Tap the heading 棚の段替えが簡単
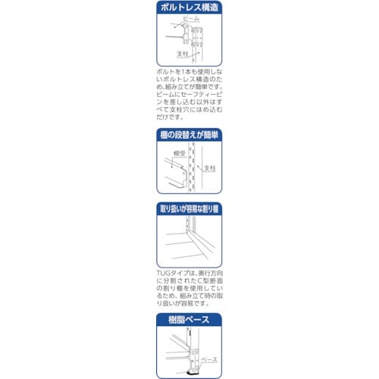(x=189, y=135)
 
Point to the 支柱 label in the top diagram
(x=183, y=55)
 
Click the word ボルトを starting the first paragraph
(x=165, y=70)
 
